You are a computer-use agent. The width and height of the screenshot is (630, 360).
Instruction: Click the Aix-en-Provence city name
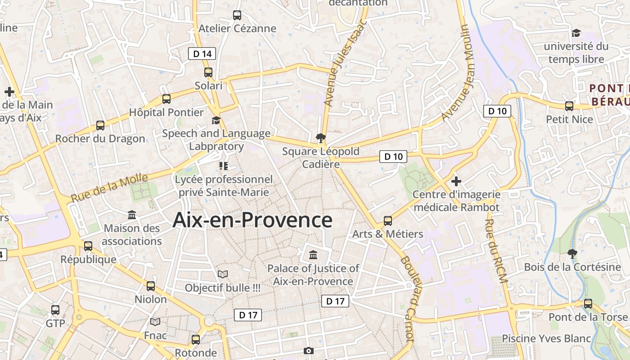252,220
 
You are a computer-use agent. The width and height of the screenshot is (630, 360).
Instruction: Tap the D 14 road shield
202,54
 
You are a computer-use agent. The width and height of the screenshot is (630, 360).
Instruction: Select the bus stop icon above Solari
208,72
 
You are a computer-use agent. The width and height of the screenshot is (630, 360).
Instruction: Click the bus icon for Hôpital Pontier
166,99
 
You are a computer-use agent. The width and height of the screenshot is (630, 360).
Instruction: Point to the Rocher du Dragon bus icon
100,126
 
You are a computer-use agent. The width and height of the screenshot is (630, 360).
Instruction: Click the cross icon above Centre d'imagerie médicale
456,181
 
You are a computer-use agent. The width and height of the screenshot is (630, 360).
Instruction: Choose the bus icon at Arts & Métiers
387,221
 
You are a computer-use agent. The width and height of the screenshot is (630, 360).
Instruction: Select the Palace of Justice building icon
313,255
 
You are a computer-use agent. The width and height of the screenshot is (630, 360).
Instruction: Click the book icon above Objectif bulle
223,274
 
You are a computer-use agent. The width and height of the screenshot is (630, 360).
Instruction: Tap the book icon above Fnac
155,322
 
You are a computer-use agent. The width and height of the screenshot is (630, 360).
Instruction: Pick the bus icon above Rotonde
195,339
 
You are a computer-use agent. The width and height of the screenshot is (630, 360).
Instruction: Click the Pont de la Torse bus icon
588,304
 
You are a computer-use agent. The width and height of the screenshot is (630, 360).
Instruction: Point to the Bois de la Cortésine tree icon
572,253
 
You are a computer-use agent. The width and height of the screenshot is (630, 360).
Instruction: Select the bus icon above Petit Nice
569,106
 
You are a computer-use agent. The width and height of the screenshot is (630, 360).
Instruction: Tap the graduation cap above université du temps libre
576,33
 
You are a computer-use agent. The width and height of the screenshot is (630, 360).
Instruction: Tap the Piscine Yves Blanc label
546,338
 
